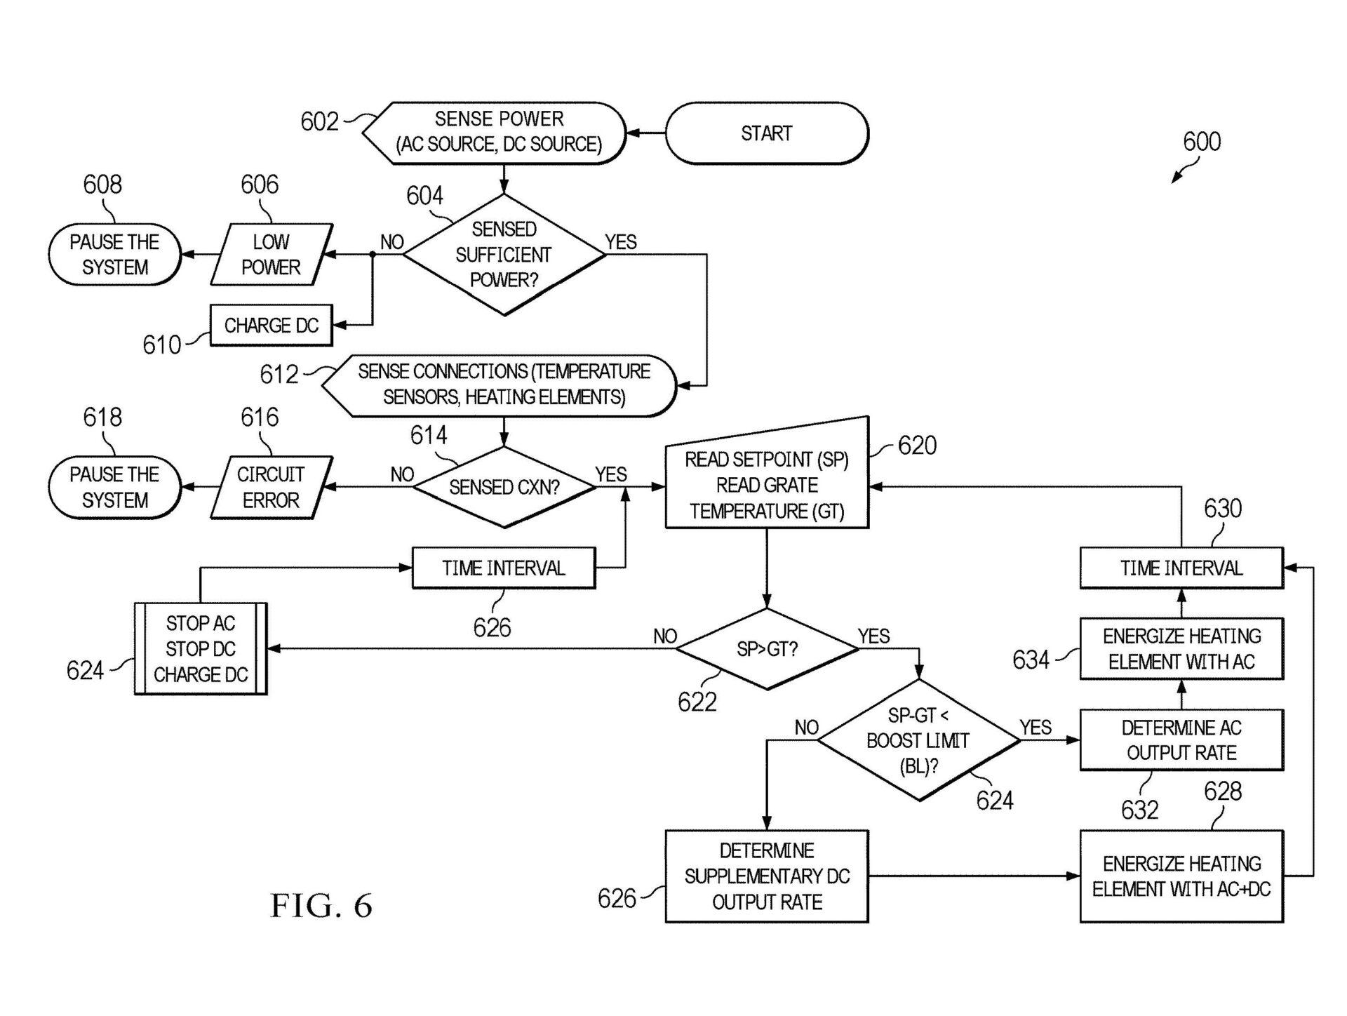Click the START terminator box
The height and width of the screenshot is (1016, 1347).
pos(766,133)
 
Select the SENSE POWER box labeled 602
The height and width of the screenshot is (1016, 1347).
pos(498,132)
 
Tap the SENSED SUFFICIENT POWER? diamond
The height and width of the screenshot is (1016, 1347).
pos(504,255)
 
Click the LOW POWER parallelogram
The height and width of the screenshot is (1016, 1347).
pos(271,255)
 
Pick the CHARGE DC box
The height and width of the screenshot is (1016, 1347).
pos(271,326)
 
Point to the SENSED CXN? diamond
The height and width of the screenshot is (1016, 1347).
pos(504,487)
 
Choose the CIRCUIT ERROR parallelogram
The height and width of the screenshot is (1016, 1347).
pos(271,488)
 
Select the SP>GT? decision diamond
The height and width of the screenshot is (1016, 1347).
pos(767,649)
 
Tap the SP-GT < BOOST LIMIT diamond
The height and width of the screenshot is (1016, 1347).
pos(918,740)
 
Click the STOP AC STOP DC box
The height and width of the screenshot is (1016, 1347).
pos(201,649)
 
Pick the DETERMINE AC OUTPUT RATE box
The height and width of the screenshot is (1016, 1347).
pos(1181,740)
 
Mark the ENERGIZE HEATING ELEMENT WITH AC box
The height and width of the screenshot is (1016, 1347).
pos(1181,649)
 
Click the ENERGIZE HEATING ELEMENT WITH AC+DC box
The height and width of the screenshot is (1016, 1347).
pos(1181,876)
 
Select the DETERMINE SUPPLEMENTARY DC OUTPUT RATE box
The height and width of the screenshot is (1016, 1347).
pos(767,876)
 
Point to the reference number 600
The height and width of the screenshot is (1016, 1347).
pos(1202,142)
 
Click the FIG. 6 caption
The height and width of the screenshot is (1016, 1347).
pos(321,906)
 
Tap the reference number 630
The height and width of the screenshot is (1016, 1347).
pos(1223,509)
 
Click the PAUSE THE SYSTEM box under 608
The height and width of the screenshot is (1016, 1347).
pos(115,255)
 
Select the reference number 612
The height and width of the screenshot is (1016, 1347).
pos(279,375)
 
